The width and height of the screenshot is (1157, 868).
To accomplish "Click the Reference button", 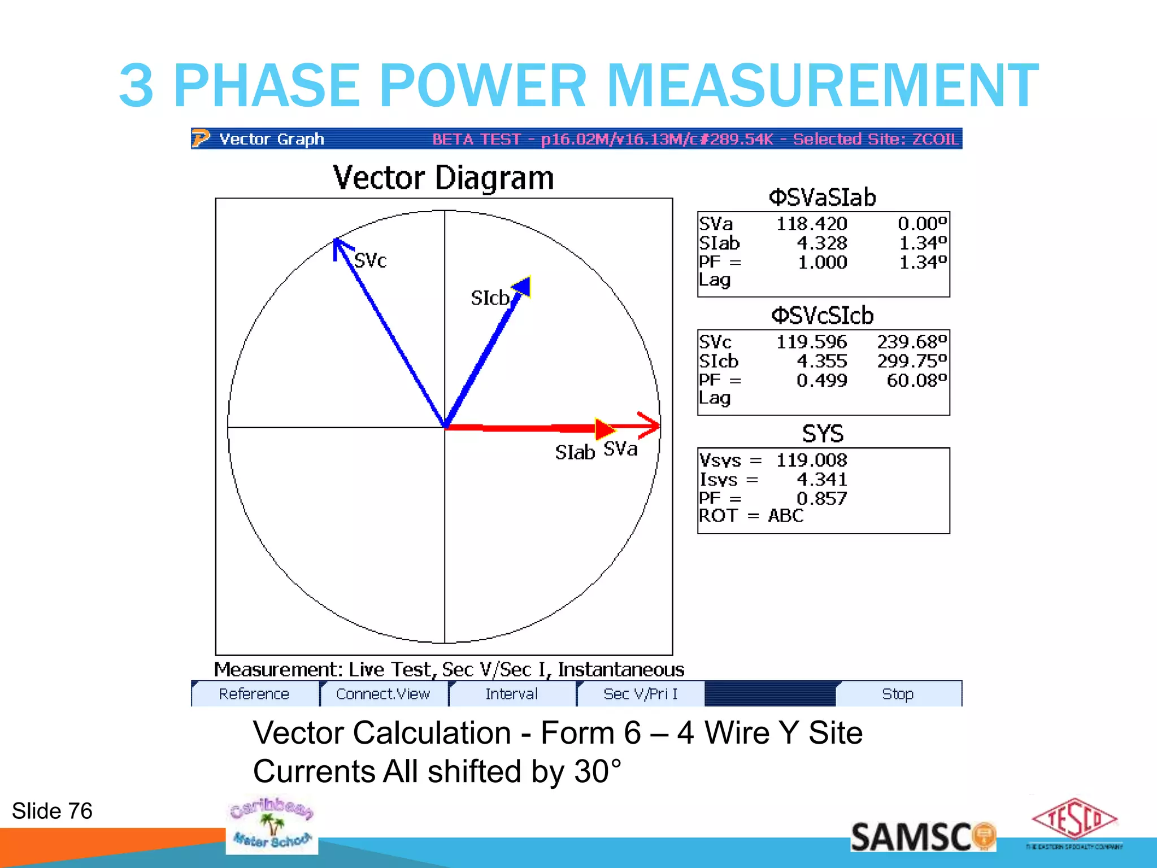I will [x=254, y=694].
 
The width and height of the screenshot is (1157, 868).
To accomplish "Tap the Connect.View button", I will [x=383, y=694].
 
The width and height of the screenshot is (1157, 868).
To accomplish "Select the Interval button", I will [x=511, y=694].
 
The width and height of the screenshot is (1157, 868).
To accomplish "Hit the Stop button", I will [x=898, y=694].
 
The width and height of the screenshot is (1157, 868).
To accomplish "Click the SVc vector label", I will [x=370, y=261].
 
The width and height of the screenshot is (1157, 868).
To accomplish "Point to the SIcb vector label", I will [x=489, y=298].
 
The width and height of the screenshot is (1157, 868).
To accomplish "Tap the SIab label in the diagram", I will [x=575, y=452].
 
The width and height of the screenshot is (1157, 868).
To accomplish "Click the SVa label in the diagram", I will [x=620, y=449].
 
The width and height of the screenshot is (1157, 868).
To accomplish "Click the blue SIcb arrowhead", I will [x=523, y=286].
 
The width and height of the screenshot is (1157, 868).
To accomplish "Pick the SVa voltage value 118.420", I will [x=811, y=224].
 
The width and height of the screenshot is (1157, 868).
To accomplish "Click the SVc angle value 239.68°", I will [x=911, y=342].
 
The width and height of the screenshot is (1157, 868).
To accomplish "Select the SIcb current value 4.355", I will [x=821, y=361].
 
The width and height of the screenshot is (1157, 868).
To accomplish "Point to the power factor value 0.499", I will [x=821, y=380].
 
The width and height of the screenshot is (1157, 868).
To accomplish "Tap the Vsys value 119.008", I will [x=811, y=460].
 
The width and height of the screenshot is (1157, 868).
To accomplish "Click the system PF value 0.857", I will [x=821, y=498].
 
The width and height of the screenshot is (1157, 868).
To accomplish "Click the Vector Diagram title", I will [x=443, y=178].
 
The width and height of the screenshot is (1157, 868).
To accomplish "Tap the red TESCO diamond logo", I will [x=1074, y=819].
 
